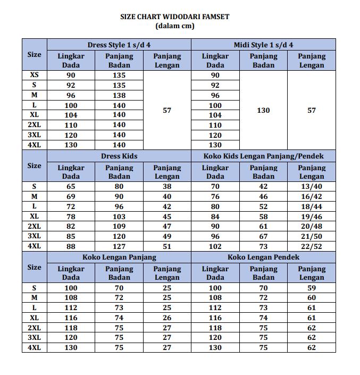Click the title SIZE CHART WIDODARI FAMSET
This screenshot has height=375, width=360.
[175, 16]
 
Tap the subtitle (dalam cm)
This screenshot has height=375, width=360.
[175, 26]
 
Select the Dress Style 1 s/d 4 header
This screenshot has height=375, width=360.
[119, 45]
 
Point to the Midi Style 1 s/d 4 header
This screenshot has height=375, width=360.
[263, 45]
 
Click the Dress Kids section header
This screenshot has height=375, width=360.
[119, 156]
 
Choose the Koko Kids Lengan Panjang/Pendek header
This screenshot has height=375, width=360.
[263, 156]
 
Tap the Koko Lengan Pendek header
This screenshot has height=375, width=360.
[263, 257]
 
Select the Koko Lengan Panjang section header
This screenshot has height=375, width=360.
[119, 257]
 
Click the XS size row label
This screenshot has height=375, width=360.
[34, 75]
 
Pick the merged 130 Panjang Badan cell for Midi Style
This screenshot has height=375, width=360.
[263, 110]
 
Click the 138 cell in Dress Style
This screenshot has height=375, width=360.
[119, 95]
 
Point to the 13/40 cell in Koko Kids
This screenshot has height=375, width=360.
[312, 186]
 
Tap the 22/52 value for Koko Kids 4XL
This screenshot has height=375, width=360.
[312, 246]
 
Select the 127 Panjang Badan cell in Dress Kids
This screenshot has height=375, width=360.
[119, 246]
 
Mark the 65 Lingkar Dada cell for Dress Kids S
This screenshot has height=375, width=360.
[71, 186]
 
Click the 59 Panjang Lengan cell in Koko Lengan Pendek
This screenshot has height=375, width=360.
[312, 288]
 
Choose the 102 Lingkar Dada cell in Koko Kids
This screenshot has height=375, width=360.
[215, 246]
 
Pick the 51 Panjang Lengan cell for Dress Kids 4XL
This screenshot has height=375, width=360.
[167, 246]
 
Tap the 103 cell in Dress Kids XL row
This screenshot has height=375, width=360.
[119, 216]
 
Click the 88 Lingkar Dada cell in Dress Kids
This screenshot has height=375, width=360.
[71, 246]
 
